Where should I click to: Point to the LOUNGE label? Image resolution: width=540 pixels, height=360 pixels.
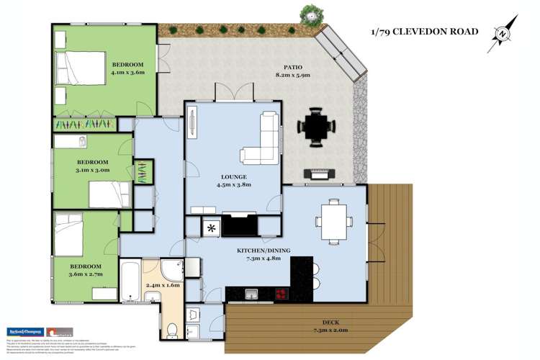click(x=234, y=176)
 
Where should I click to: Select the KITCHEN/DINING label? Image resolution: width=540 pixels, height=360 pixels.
click(x=264, y=251)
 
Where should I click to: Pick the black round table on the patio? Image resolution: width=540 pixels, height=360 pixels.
click(x=317, y=128)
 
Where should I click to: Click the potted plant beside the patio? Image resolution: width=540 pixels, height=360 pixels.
click(x=310, y=13)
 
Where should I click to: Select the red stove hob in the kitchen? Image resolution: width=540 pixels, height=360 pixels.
click(x=279, y=294)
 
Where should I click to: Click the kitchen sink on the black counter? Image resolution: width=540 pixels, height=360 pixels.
click(x=251, y=294)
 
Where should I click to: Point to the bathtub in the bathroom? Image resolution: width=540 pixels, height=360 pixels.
click(x=130, y=283)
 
